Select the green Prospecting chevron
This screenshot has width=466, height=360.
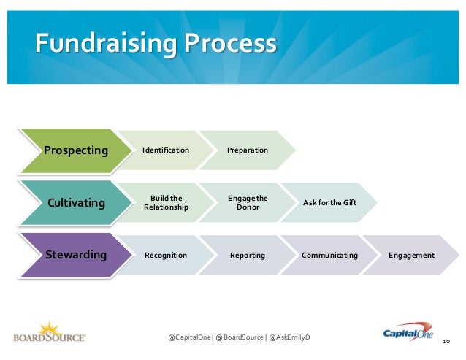click(x=75, y=150)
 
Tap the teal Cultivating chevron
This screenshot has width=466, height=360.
click(x=75, y=202)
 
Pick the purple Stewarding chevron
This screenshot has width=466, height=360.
click(x=75, y=255)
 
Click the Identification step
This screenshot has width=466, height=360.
click(x=166, y=150)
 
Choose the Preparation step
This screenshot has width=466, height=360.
click(x=248, y=150)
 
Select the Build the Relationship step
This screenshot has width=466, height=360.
click(x=166, y=202)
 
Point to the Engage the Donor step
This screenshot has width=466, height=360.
click(x=248, y=202)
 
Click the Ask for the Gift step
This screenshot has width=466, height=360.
click(x=329, y=202)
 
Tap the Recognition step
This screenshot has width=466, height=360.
click(x=166, y=255)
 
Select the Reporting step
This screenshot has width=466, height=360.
click(x=248, y=255)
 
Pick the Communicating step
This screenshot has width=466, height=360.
click(x=329, y=255)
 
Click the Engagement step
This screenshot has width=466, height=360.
click(x=412, y=255)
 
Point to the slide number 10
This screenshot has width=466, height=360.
click(x=446, y=341)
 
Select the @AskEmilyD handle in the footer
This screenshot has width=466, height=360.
click(x=289, y=337)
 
